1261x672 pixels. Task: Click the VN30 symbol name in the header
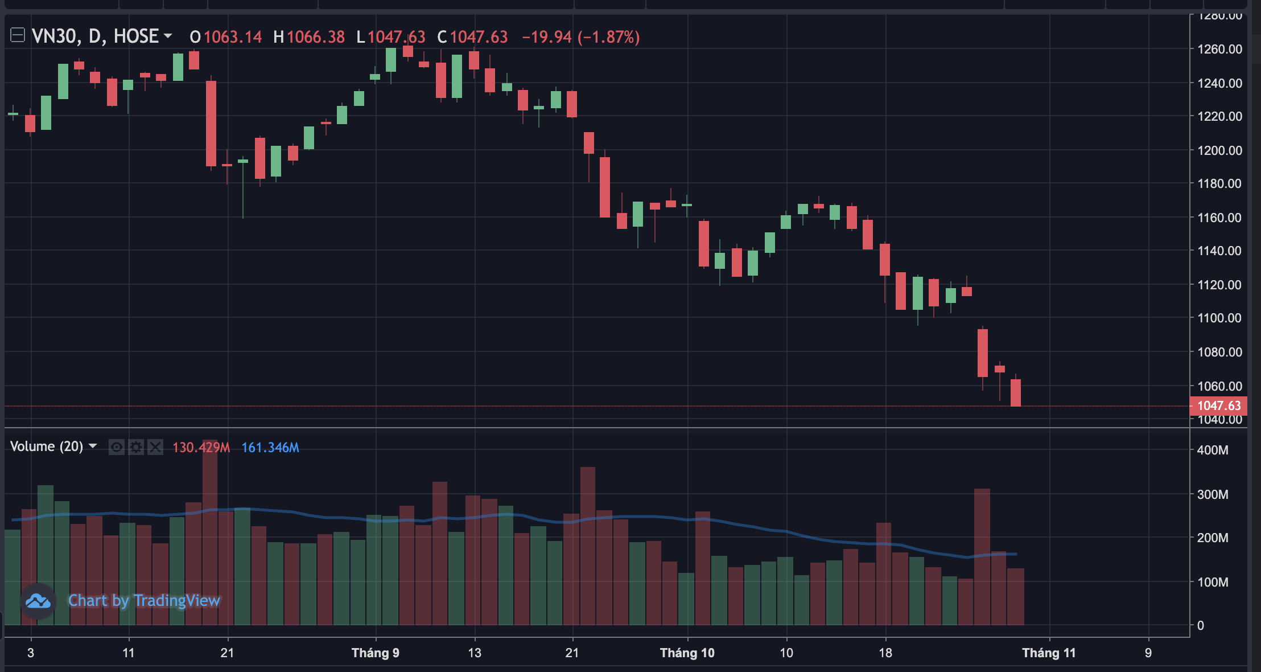(54, 36)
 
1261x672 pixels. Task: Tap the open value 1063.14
(232, 38)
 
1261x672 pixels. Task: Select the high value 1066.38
(316, 38)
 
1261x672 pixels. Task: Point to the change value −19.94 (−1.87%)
(580, 38)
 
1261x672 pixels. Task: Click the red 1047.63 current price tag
(1218, 405)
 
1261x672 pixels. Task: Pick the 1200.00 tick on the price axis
(1219, 150)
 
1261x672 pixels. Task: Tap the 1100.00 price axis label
(1219, 318)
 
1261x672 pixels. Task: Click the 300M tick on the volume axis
(1212, 494)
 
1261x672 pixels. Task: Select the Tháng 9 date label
(375, 653)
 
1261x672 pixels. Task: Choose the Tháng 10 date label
(687, 653)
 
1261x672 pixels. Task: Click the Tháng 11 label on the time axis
(1049, 653)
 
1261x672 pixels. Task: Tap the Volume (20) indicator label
(47, 446)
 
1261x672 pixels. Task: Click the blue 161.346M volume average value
(270, 448)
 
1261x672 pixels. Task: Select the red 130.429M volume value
(201, 448)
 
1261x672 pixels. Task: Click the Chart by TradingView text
(144, 600)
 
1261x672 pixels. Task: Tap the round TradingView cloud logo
(38, 600)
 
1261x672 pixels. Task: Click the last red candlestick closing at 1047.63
(1015, 392)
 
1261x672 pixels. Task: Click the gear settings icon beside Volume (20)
(136, 447)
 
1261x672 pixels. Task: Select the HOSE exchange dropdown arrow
(168, 36)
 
